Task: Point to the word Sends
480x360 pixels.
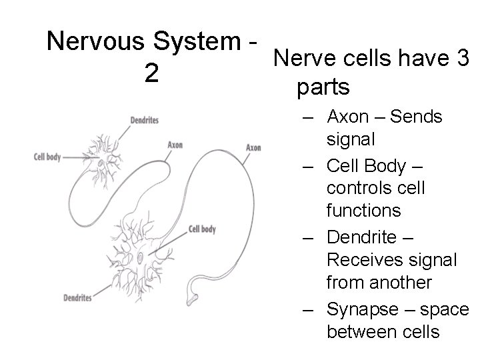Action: pyautogui.click(x=417, y=117)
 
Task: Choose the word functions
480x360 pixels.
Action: pyautogui.click(x=363, y=211)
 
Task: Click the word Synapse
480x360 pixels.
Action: pyautogui.click(x=363, y=307)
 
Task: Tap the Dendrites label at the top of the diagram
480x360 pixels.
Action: pyautogui.click(x=145, y=120)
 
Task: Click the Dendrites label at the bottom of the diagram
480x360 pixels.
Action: pyautogui.click(x=77, y=297)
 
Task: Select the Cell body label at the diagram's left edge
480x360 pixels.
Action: pyautogui.click(x=47, y=157)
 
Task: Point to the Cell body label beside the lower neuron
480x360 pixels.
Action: pyautogui.click(x=202, y=229)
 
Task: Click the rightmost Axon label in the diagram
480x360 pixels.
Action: pyautogui.click(x=253, y=147)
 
